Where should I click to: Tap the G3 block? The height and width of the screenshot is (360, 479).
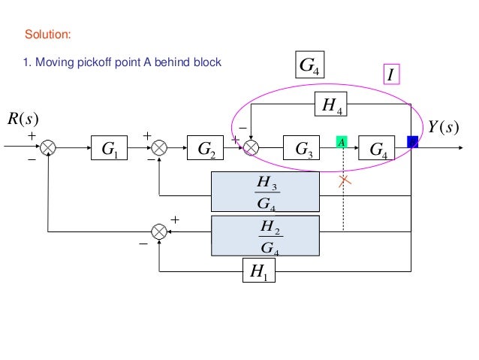tap(303, 150)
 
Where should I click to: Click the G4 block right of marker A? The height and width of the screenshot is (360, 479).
tap(378, 150)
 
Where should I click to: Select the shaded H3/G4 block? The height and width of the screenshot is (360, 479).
tap(265, 195)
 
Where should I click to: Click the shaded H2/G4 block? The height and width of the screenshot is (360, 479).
tap(265, 236)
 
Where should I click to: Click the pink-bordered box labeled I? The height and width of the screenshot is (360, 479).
tap(390, 74)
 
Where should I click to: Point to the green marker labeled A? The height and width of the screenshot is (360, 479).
tap(342, 141)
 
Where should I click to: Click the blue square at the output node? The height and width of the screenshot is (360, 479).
tap(411, 141)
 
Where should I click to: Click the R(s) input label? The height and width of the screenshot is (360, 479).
tap(24, 119)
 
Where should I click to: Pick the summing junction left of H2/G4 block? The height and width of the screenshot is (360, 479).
tap(159, 232)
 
